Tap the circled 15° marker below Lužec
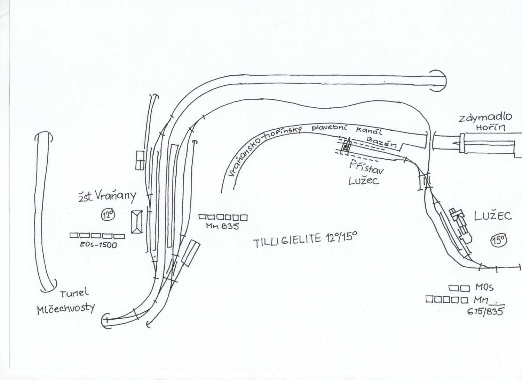coord(499,240)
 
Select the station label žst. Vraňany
coord(106,197)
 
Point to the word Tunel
coord(74,293)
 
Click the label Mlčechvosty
coord(66,309)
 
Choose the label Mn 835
coord(222,226)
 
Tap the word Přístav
coord(366,167)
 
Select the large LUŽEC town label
coord(493,216)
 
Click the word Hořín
coord(490,128)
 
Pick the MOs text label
coord(484,288)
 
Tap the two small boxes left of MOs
coord(460,288)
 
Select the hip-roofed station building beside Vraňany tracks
coord(136,222)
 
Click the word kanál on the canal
coord(369,131)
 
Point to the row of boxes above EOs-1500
coord(97,236)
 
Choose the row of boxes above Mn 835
coord(223,218)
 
